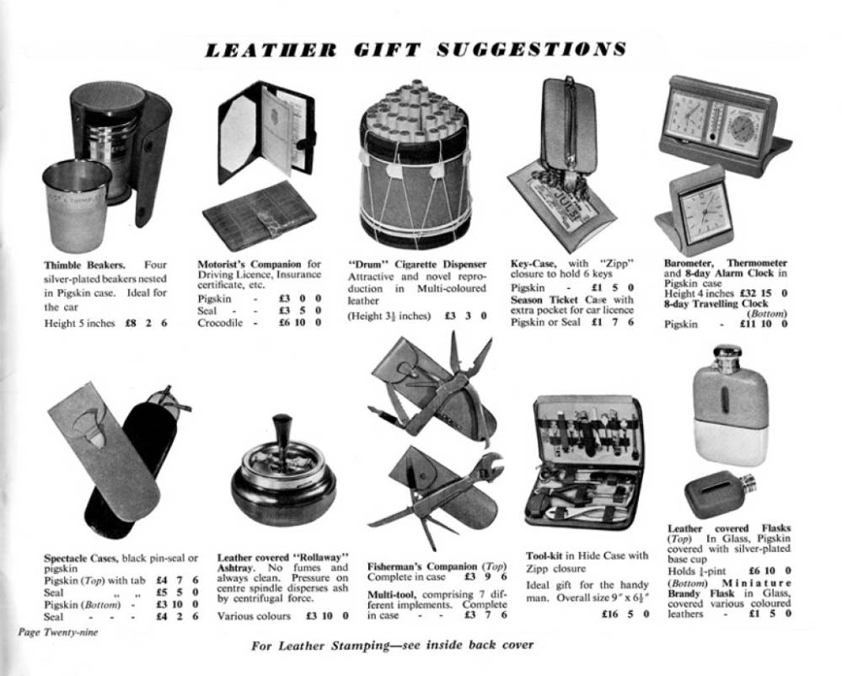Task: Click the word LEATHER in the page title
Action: [271, 50]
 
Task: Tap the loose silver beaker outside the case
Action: [76, 205]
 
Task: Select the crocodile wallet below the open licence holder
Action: [260, 215]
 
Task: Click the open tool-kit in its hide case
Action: [583, 462]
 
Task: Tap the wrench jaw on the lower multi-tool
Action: [488, 465]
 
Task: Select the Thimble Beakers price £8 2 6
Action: [146, 323]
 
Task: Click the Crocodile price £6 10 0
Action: [300, 323]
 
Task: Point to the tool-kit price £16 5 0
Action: [626, 614]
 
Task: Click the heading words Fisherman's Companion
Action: [422, 566]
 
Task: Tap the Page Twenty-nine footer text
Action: [58, 632]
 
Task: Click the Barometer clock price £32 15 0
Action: [764, 293]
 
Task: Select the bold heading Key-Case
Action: [534, 263]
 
